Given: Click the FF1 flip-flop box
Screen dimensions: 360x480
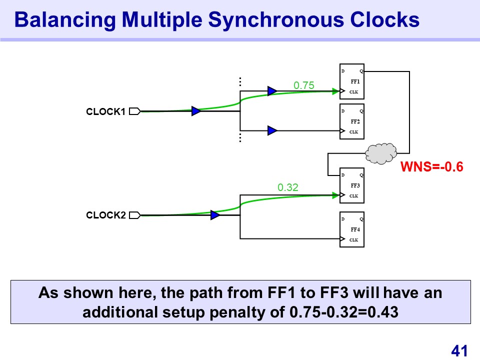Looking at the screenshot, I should point(352,81).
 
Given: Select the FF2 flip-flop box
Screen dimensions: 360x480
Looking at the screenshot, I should point(352,121).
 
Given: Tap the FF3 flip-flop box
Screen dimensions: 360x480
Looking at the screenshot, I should point(352,185).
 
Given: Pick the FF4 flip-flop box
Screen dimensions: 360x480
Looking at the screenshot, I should point(352,229).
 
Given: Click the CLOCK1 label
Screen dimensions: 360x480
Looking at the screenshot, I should point(105,111).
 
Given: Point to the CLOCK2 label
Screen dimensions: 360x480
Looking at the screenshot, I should point(105,215).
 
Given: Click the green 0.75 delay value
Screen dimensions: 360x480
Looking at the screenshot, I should point(304,85).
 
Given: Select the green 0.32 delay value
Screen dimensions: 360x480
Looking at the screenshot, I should point(287,187).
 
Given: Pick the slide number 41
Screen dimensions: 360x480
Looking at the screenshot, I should point(459,351).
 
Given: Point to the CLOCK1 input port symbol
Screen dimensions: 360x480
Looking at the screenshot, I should point(134,111).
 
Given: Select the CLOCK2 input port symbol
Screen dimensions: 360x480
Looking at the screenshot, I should point(134,215).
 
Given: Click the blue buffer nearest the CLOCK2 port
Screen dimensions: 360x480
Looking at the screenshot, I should point(215,215).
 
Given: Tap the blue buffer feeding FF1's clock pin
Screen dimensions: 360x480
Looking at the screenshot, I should point(272,91).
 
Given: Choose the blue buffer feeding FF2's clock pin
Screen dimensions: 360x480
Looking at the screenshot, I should point(272,130).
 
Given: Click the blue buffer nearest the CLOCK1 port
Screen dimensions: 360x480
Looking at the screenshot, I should point(196,111).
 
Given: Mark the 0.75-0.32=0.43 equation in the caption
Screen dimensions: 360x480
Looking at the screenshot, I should point(343,312).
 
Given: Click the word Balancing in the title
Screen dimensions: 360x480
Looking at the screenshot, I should point(63,20).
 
